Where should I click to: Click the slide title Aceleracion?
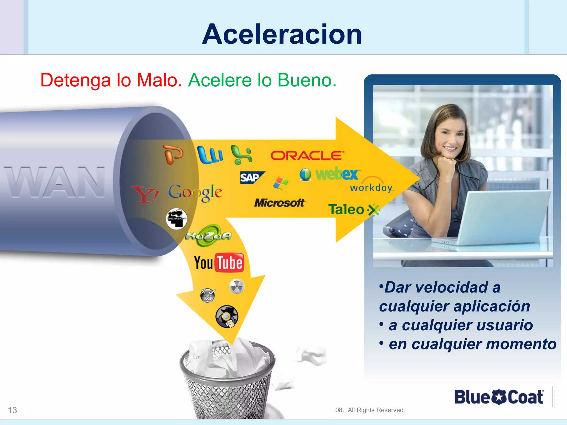[x=282, y=34]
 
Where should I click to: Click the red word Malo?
[x=159, y=80]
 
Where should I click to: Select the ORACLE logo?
[x=307, y=156]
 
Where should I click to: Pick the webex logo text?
[x=337, y=174]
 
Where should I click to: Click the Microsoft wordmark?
[x=279, y=203]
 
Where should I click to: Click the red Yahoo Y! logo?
[x=145, y=194]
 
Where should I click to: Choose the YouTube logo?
[x=219, y=263]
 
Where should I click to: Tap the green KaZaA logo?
[x=208, y=235]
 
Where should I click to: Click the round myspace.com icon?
[x=176, y=219]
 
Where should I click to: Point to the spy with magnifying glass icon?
[x=227, y=317]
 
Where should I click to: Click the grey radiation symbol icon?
[x=237, y=286]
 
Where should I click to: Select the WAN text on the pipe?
[x=55, y=182]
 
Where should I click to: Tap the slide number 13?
[x=12, y=410]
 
